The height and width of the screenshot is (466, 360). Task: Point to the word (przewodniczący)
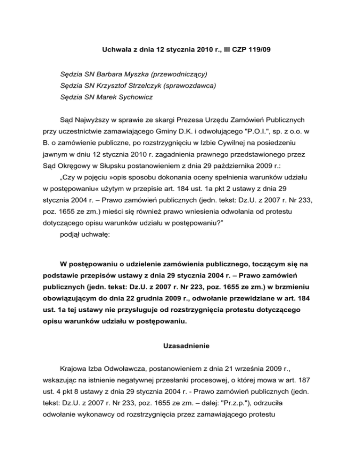click(179, 75)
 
